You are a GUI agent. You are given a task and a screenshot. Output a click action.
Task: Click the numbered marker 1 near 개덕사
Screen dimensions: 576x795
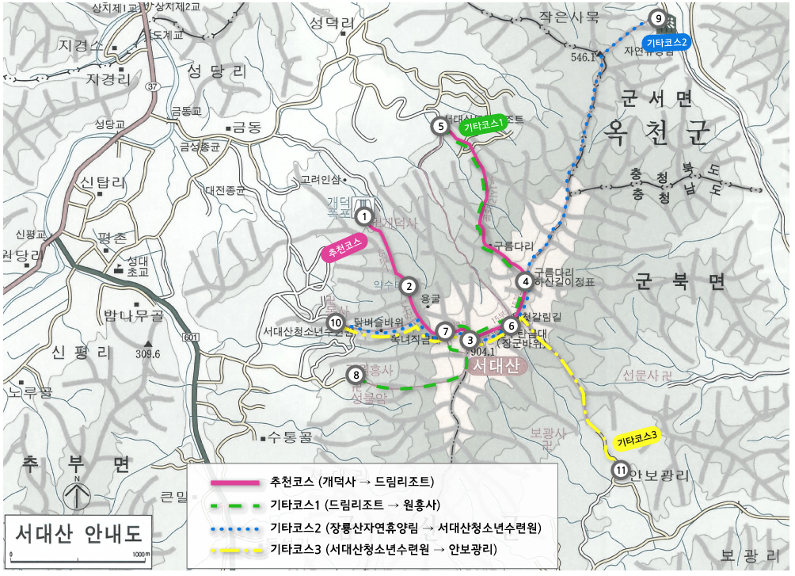[x=363, y=215]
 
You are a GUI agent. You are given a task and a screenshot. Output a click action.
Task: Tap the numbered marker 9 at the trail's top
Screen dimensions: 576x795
[x=656, y=18]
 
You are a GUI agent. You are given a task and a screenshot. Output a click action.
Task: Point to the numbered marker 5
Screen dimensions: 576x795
[x=440, y=125]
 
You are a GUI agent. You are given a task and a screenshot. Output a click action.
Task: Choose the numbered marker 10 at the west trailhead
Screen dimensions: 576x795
[x=336, y=322]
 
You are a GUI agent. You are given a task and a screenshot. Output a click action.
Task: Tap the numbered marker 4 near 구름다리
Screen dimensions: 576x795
[x=524, y=280]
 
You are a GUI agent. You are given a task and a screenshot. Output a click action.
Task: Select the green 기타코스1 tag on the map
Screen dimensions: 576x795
[x=484, y=125]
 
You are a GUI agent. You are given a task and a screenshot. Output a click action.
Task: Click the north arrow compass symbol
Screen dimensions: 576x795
[x=77, y=496]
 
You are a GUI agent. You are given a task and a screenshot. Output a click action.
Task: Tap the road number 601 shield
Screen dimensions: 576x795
[x=190, y=338]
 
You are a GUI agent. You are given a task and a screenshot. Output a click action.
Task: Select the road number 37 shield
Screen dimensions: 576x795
[x=152, y=86]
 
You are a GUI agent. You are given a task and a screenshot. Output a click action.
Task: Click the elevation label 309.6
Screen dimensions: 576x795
[x=147, y=353]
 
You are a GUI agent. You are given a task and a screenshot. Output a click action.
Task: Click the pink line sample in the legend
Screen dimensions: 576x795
[x=234, y=482]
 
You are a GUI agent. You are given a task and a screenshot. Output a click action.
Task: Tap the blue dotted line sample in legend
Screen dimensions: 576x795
[x=234, y=526]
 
